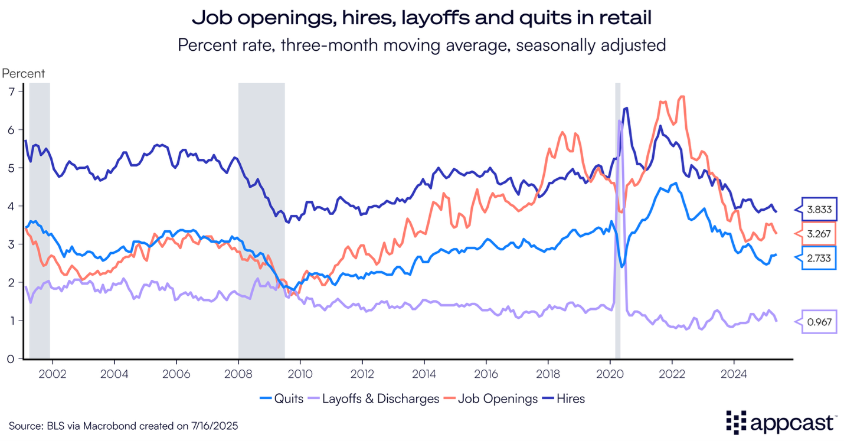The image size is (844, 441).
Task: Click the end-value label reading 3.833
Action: pyautogui.click(x=819, y=209)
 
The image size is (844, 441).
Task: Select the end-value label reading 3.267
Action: pyautogui.click(x=819, y=234)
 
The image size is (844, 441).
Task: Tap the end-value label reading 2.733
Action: pyautogui.click(x=819, y=258)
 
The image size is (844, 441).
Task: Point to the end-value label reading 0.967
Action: pyautogui.click(x=819, y=322)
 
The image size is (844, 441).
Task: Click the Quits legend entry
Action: pyautogui.click(x=282, y=398)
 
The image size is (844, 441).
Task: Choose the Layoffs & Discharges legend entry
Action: pyautogui.click(x=374, y=398)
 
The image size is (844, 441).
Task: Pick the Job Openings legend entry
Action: pyautogui.click(x=490, y=398)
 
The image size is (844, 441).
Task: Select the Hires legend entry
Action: pyautogui.click(x=563, y=398)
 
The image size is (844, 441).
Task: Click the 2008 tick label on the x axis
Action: pyautogui.click(x=238, y=374)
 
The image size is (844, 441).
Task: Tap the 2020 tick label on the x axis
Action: pyautogui.click(x=610, y=374)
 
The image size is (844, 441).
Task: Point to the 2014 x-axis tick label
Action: pyautogui.click(x=424, y=374)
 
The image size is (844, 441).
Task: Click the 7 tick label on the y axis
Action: pyautogui.click(x=11, y=92)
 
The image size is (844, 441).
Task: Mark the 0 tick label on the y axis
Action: pyautogui.click(x=11, y=359)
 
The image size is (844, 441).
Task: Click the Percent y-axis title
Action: pyautogui.click(x=24, y=73)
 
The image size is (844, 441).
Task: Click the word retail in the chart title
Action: pyautogui.click(x=625, y=17)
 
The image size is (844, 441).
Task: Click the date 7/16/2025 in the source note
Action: pyautogui.click(x=215, y=426)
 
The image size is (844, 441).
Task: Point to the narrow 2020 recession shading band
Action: pyautogui.click(x=617, y=221)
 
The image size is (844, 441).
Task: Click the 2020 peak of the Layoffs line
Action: pyautogui.click(x=619, y=120)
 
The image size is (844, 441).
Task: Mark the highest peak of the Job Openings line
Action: pyautogui.click(x=682, y=97)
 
